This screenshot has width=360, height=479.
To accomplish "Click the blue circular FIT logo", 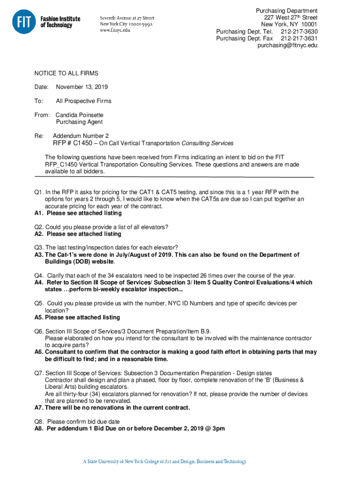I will click(x=24, y=22).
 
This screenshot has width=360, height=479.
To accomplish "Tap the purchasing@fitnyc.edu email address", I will click(x=288, y=46).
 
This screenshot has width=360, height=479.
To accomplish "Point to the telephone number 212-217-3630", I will click(x=299, y=32).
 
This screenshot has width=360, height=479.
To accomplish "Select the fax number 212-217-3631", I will click(x=299, y=39).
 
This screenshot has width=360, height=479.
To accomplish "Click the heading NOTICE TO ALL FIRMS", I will click(x=66, y=73).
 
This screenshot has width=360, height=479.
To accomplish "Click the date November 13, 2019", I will click(x=82, y=87).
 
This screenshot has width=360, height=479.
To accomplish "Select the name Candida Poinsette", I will click(x=79, y=115).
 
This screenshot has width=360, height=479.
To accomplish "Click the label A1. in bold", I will click(x=39, y=213).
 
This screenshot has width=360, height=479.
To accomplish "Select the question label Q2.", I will click(x=39, y=227).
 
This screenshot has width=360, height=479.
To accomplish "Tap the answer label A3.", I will click(x=39, y=255).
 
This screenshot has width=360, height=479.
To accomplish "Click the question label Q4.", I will click(x=39, y=276).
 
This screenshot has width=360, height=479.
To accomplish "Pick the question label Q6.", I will click(x=39, y=331).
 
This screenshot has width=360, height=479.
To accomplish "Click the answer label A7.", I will click(x=39, y=407).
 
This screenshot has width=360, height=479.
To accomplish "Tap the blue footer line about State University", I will click(x=165, y=462).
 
